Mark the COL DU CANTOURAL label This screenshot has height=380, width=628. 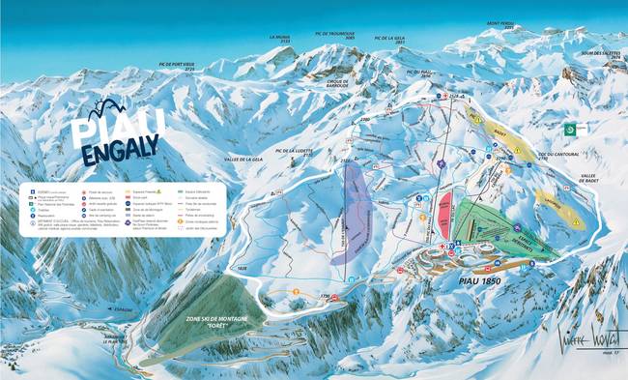click(552, 156)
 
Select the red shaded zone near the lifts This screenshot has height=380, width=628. click(445, 215)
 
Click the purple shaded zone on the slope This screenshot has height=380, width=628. click(354, 212)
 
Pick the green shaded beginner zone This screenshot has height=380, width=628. click(502, 228)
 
